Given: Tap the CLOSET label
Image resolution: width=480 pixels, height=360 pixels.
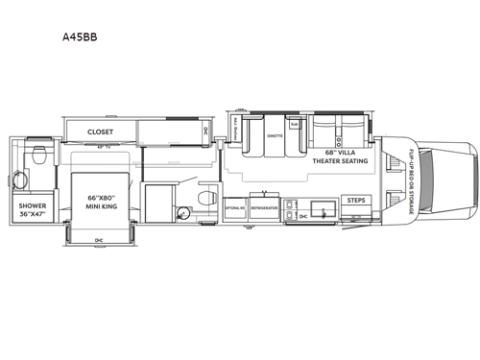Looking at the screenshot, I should [x=100, y=132].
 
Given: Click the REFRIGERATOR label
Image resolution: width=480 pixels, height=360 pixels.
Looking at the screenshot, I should [x=264, y=207].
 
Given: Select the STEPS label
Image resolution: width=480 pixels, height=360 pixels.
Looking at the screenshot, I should [x=356, y=200].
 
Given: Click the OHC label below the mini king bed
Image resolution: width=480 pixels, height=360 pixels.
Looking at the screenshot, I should [x=99, y=239].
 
